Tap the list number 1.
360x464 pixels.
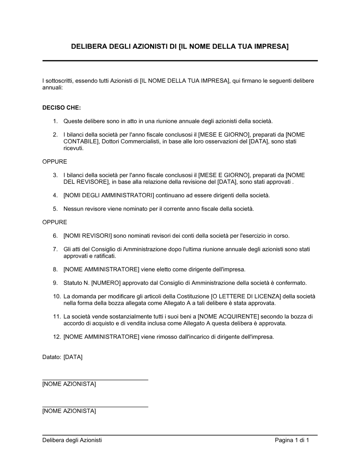[x=55, y=121]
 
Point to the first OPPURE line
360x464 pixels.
[x=55, y=162]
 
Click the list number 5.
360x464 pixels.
[x=55, y=209]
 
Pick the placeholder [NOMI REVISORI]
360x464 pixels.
[x=88, y=236]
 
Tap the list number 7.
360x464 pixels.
[x=55, y=249]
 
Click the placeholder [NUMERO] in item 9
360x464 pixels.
[x=106, y=283]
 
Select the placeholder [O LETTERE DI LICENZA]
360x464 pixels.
[x=246, y=297]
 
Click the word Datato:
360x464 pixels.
[x=51, y=357]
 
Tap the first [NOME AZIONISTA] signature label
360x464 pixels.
[x=69, y=384]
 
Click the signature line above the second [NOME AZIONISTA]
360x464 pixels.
[x=95, y=407]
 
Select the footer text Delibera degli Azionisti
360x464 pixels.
[x=72, y=440]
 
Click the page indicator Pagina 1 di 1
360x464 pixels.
[x=292, y=440]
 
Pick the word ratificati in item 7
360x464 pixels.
[x=105, y=256]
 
